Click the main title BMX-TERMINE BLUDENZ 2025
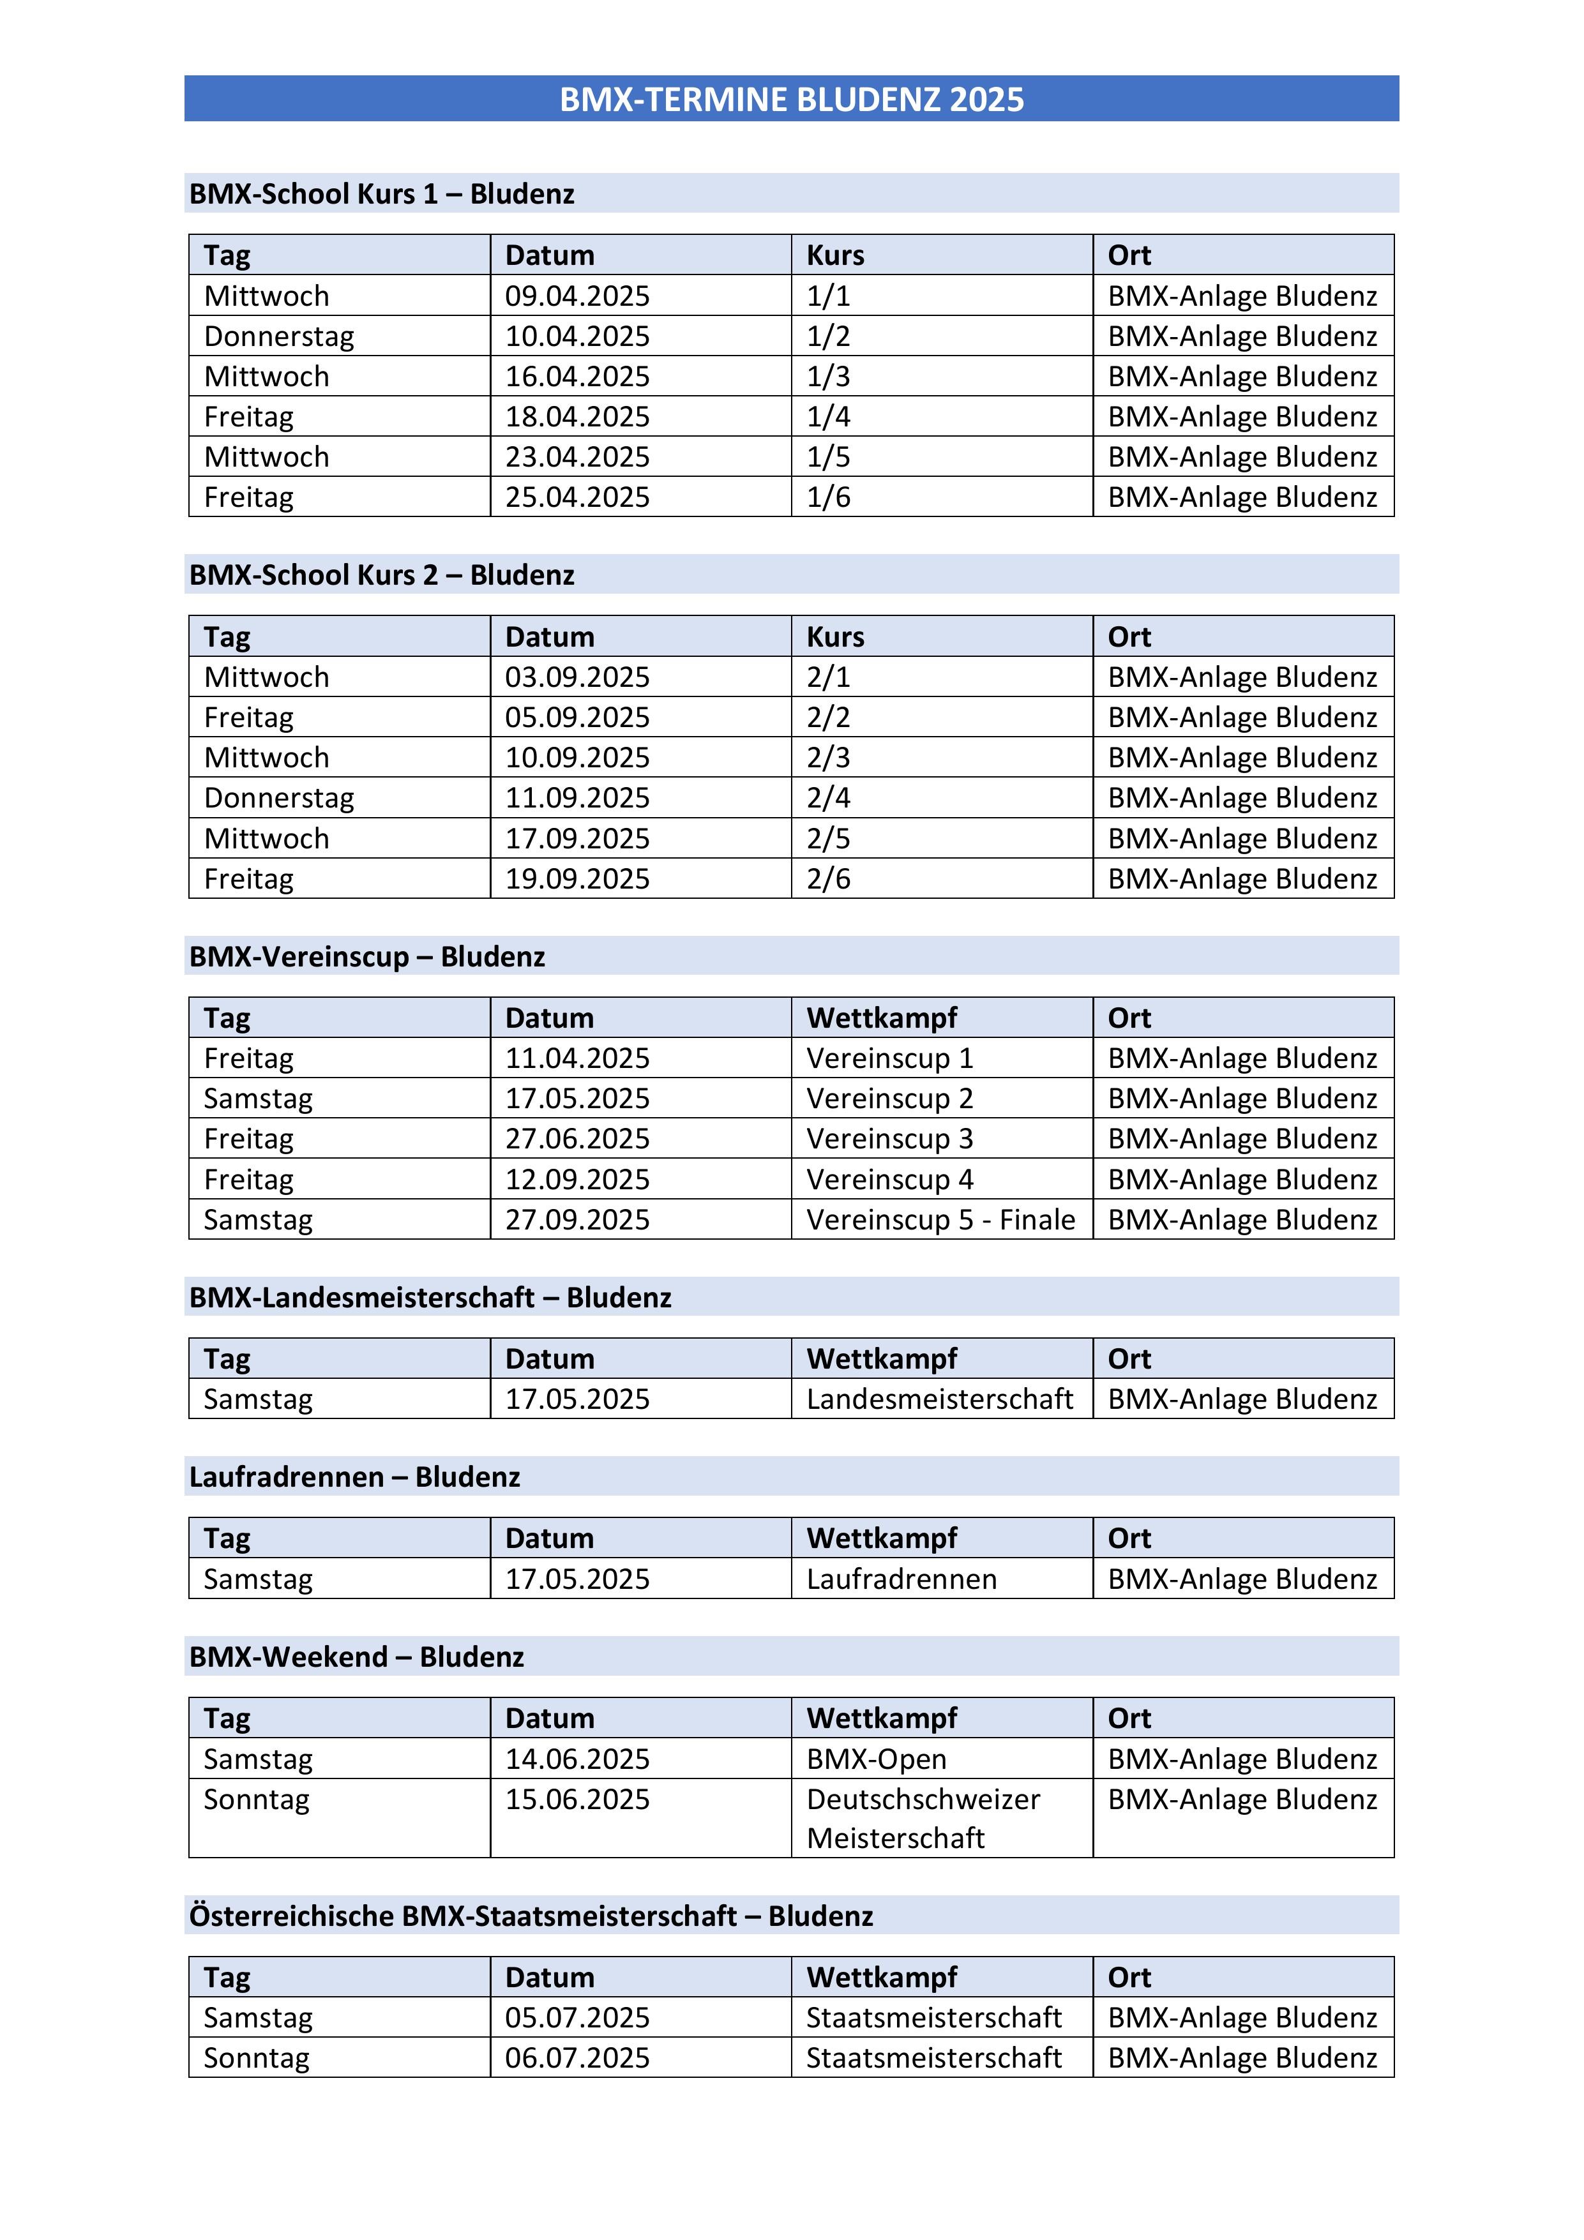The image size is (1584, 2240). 792,100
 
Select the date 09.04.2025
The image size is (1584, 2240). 577,296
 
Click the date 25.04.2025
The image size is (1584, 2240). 577,497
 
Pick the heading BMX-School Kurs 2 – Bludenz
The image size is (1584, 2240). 382,575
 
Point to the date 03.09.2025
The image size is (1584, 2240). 577,677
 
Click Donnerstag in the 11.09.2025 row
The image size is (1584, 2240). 279,798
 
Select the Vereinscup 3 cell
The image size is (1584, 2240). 889,1139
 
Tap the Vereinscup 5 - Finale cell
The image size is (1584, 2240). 940,1219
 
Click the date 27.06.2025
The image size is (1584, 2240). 577,1139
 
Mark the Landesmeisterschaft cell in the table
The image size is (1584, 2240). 939,1399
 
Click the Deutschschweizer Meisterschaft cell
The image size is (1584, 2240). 923,1819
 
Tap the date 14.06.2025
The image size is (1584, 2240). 577,1759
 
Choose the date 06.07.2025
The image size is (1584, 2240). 577,2057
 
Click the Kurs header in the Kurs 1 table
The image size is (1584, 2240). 836,255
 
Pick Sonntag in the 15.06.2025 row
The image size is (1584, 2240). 256,1799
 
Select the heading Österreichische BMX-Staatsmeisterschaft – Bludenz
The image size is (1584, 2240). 531,1915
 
